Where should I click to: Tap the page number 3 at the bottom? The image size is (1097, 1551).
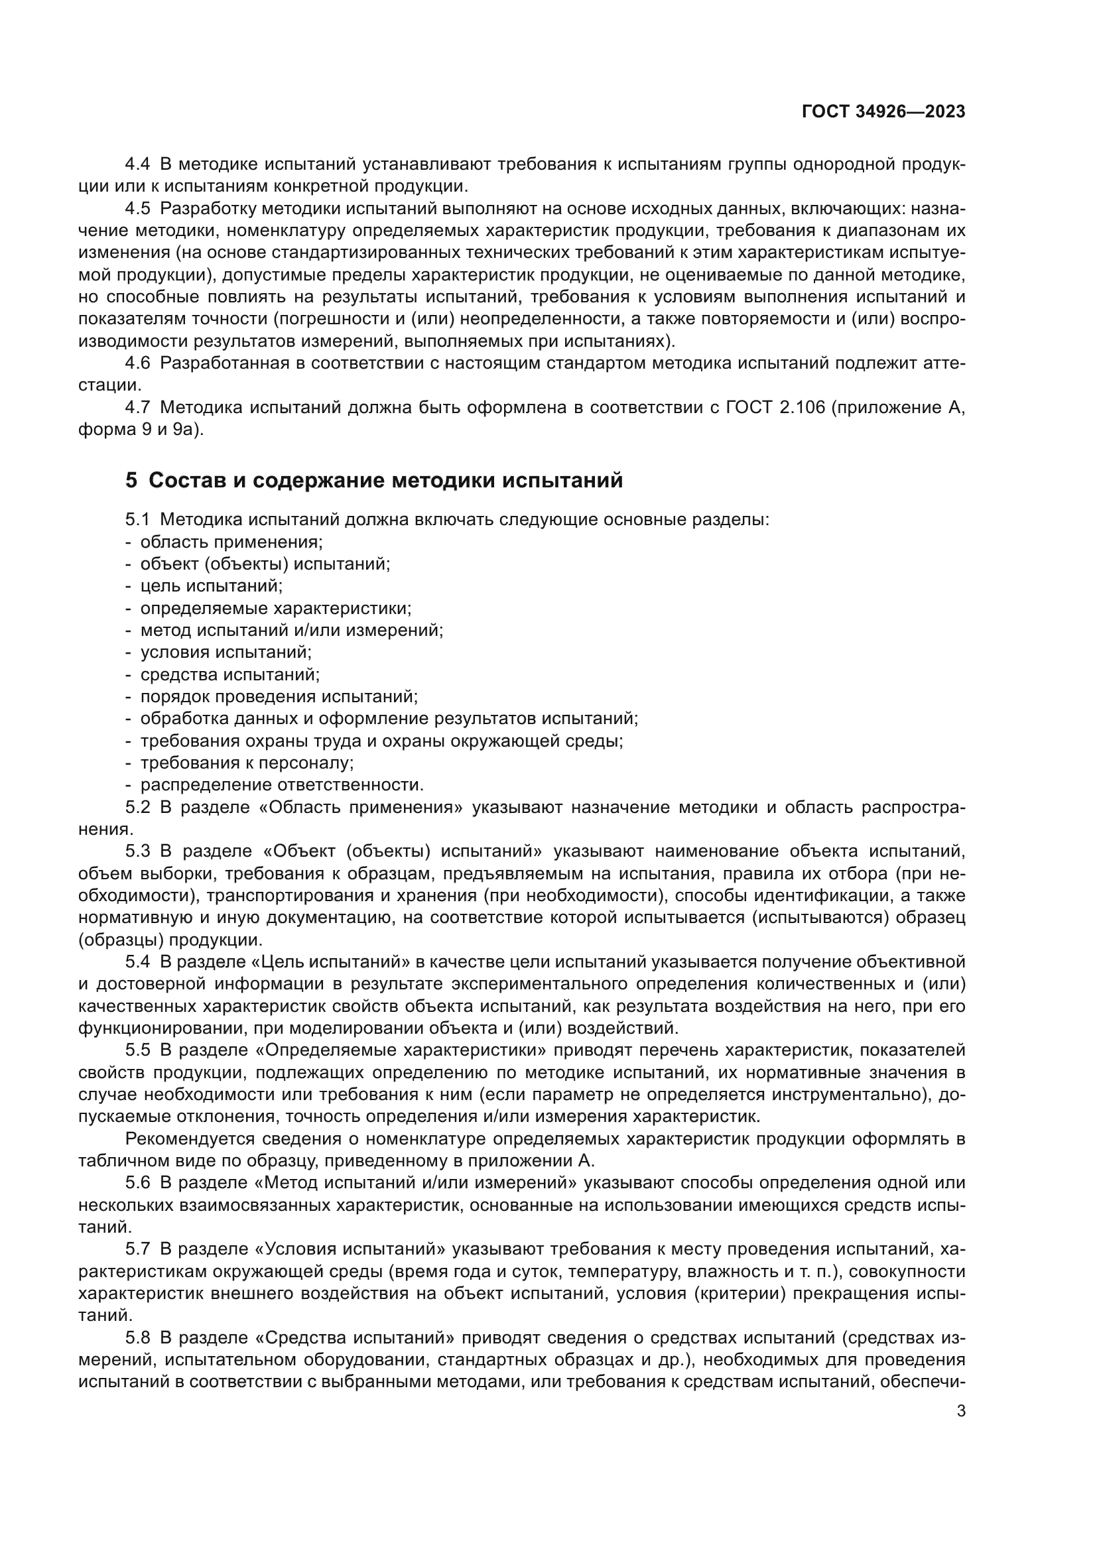click(960, 1411)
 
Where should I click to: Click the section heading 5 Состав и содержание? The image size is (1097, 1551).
click(373, 480)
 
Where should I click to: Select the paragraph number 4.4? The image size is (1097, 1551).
click(138, 164)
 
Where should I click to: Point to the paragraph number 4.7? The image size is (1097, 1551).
click(138, 407)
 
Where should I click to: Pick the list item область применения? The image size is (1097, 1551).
click(231, 542)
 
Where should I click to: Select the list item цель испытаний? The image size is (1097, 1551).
click(211, 586)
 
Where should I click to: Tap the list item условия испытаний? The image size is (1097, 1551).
click(226, 652)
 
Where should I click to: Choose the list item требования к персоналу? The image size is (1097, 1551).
click(247, 763)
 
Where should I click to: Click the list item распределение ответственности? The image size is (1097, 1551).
click(282, 785)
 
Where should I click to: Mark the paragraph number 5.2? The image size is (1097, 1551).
click(138, 807)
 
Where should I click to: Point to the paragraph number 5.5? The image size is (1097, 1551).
click(138, 1050)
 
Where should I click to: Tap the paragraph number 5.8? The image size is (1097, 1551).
click(138, 1337)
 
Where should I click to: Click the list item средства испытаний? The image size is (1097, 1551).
click(229, 674)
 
